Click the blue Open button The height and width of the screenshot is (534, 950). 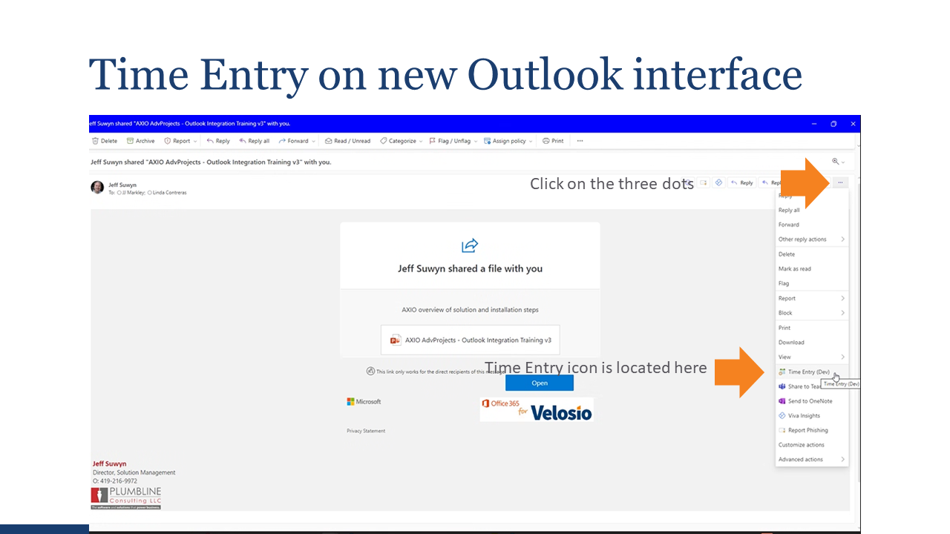pos(540,383)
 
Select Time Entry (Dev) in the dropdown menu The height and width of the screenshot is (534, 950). pos(808,372)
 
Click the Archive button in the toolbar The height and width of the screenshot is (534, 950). pos(141,141)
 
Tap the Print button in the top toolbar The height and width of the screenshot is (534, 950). pos(553,141)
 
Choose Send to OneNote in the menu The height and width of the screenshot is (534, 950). pos(810,401)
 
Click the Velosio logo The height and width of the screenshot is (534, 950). pos(537,409)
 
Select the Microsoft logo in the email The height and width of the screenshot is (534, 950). pos(364,401)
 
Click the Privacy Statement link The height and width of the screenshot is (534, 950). pos(366,431)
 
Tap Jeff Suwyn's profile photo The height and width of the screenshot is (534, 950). pos(97,187)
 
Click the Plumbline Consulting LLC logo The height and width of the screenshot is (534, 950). pos(125,498)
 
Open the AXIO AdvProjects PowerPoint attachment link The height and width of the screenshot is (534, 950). pos(471,340)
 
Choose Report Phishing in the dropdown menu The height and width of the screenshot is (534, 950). pos(807,430)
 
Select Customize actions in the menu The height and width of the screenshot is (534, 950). pos(801,445)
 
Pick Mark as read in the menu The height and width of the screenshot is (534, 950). pos(794,268)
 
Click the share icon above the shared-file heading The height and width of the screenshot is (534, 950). pos(470,245)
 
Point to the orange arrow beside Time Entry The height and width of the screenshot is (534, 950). pos(739,371)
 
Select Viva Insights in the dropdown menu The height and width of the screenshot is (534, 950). pos(804,416)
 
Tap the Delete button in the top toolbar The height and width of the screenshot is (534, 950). pos(105,141)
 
